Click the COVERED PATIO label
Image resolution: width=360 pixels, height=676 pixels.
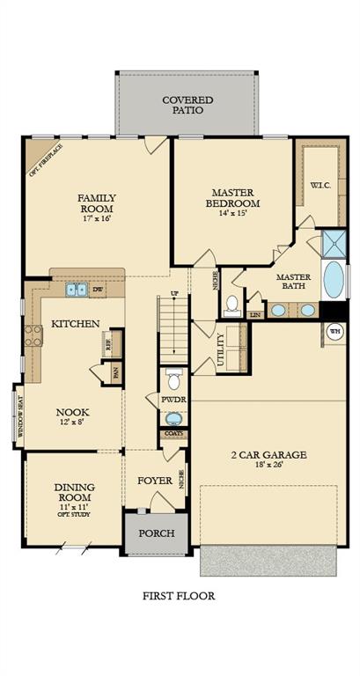(x=187, y=106)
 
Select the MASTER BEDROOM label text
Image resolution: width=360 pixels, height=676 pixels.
(x=232, y=197)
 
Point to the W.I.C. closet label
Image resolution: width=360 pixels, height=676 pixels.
(x=320, y=185)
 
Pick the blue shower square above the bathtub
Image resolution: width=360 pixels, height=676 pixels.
(x=334, y=242)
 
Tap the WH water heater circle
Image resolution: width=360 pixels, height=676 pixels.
(x=335, y=331)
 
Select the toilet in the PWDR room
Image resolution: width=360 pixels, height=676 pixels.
(x=173, y=381)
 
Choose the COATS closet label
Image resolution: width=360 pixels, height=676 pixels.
(x=173, y=433)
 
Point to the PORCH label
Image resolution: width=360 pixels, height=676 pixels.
(x=157, y=533)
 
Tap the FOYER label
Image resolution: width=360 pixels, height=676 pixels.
(x=155, y=481)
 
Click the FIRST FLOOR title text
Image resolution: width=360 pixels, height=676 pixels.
(x=179, y=596)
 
